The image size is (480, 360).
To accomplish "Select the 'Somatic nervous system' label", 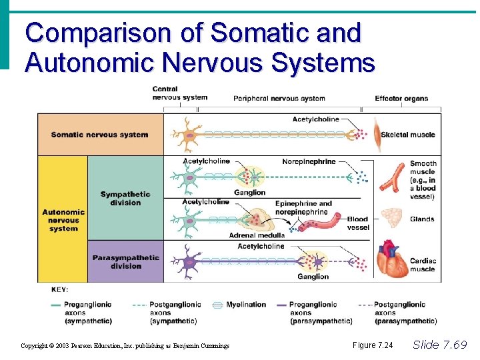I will pos(99,135).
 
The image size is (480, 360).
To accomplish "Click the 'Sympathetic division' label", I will pos(125,198).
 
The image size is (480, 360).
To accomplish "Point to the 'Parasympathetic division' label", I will pos(126,261).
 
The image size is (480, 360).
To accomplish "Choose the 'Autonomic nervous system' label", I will pos(63,220).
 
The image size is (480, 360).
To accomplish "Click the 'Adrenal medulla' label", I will pos(257,235).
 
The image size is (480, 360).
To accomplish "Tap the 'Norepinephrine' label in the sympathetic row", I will pos(309,161).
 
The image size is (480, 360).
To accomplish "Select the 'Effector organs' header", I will pos(401,99).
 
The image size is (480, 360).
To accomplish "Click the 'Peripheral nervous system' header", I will pos(279,99).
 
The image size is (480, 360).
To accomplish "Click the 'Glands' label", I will pos(423,219).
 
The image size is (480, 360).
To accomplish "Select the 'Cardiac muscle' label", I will pos(423,265).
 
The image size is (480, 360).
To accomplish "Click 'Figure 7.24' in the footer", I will pos(373,345).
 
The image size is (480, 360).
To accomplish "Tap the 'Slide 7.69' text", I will pos(440,345).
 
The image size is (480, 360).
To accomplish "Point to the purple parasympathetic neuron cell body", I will pos(189,261).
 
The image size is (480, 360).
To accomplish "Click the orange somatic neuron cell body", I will pos(191,135).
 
